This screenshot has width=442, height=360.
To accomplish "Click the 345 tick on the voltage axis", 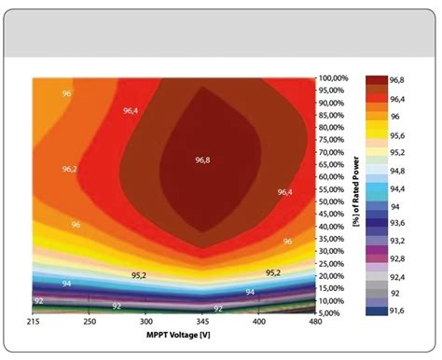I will click(201, 322).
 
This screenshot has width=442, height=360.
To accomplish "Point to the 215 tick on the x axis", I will click(35, 322).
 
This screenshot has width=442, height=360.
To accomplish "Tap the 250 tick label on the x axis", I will click(88, 322).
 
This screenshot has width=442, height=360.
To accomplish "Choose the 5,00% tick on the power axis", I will click(334, 313).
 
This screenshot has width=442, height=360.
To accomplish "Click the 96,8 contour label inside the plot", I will click(202, 159).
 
